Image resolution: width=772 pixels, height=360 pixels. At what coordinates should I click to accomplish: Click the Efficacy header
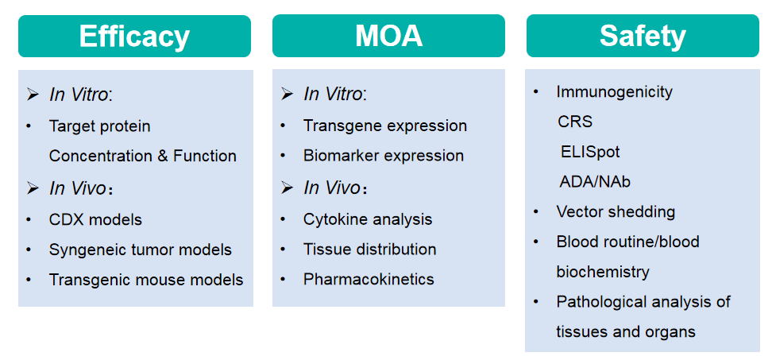134,36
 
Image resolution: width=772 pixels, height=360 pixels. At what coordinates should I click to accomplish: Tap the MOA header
388,36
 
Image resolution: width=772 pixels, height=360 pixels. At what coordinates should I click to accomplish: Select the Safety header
643,36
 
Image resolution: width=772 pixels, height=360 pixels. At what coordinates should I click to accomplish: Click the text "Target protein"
99,126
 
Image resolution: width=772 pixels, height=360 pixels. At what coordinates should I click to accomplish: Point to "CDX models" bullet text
95,219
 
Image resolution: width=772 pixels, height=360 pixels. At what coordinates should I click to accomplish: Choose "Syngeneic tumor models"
141,250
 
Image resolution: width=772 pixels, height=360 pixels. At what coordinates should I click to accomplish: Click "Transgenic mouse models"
146,280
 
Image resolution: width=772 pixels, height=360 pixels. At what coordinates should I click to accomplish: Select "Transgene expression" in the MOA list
385,126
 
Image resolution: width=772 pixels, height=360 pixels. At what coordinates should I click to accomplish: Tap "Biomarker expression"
384,156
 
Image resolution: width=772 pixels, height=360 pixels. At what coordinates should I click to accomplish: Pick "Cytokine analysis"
368,219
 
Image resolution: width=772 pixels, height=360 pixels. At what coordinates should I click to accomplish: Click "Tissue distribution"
370,250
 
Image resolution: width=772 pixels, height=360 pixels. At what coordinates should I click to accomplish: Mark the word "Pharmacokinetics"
369,279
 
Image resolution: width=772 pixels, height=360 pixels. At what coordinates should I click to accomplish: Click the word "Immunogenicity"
615,92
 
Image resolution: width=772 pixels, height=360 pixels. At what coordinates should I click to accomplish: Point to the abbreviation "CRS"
575,122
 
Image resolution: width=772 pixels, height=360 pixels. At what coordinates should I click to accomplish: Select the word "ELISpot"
590,152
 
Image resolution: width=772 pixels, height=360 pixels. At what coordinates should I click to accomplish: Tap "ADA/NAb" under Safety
595,182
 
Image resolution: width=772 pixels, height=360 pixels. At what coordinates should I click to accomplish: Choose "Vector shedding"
616,211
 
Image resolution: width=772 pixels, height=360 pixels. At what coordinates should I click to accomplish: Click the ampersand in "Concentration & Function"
163,156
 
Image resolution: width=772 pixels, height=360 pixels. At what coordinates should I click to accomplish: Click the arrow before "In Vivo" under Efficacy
33,188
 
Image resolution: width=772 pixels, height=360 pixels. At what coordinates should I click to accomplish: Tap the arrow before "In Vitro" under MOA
287,94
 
